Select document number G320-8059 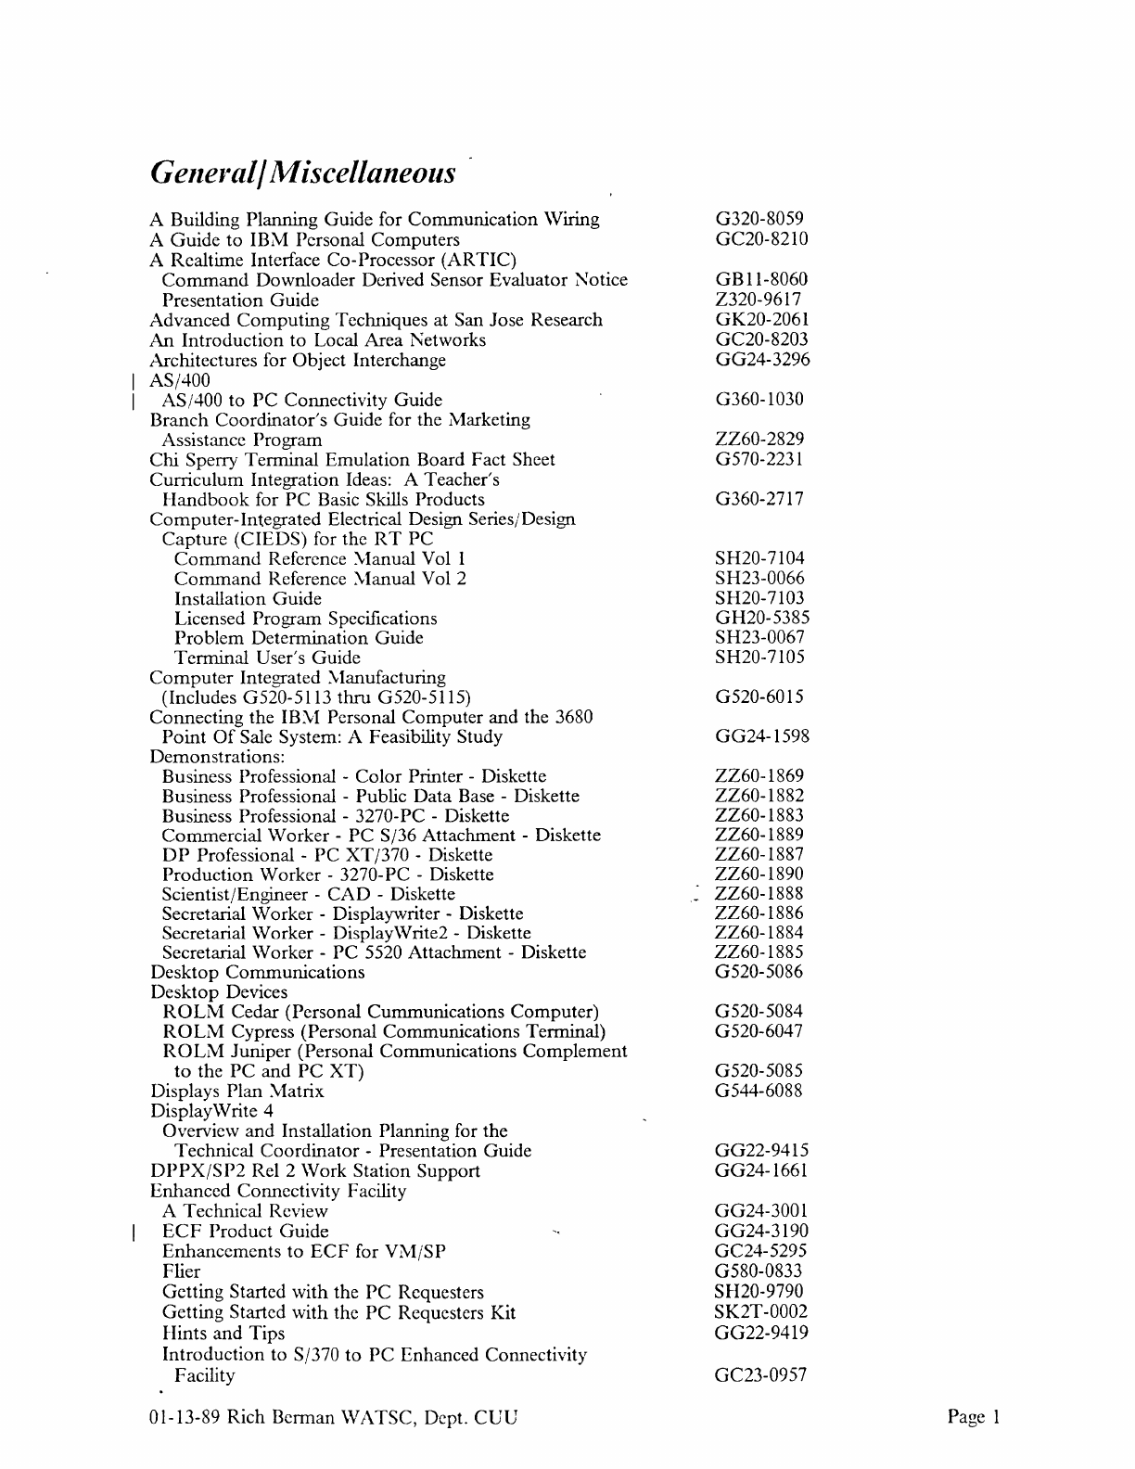[x=759, y=220]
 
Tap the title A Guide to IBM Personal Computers [x=305, y=240]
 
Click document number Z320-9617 [x=759, y=300]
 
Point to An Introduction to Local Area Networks [x=318, y=340]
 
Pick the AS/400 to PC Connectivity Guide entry [x=301, y=401]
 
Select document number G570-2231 [x=759, y=459]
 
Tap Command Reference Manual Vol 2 [x=320, y=579]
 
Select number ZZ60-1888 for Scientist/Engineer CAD [x=759, y=894]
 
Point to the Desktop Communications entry [x=258, y=973]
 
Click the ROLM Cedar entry [x=380, y=1012]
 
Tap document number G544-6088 [x=759, y=1092]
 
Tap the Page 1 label [x=974, y=1417]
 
